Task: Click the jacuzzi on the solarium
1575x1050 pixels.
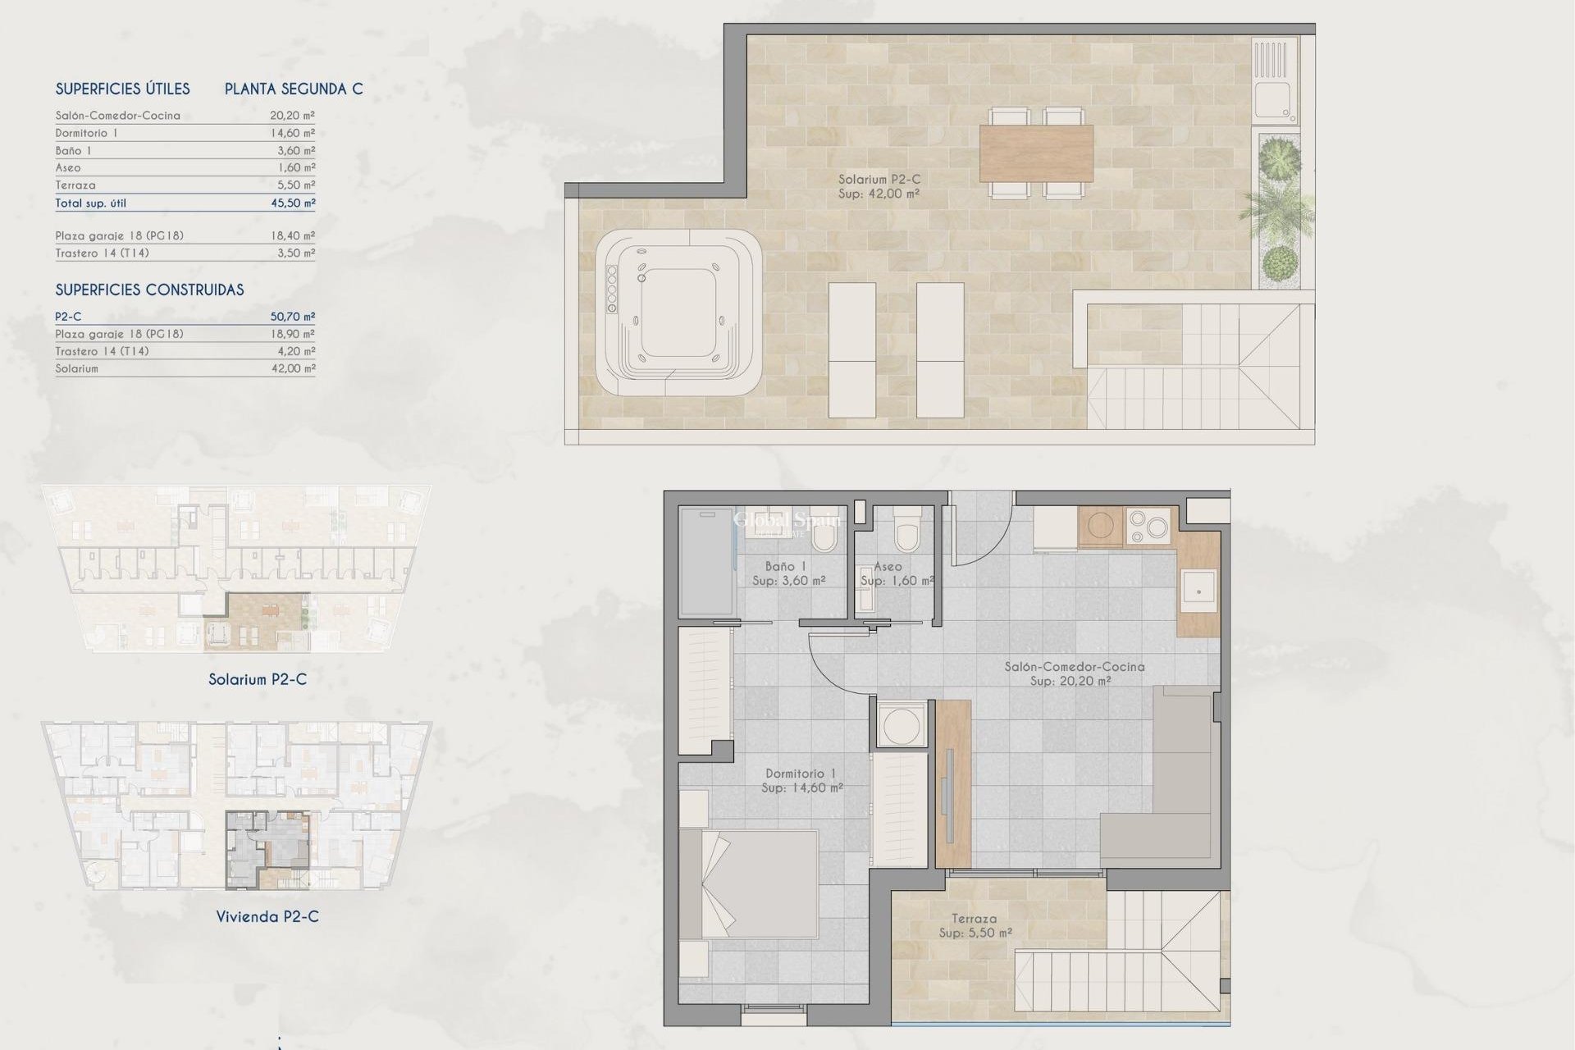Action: click(x=678, y=312)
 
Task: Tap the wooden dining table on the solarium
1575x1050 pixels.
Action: click(x=1036, y=153)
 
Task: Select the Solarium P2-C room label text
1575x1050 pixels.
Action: click(x=879, y=180)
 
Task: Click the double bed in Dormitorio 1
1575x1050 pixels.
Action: click(x=748, y=884)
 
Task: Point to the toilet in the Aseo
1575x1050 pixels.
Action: click(x=906, y=533)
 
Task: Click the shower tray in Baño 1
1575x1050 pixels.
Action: click(x=705, y=561)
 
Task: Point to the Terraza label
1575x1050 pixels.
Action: click(x=975, y=919)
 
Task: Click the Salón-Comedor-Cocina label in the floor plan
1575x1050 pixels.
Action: click(x=1074, y=667)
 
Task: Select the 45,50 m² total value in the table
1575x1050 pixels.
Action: click(x=293, y=203)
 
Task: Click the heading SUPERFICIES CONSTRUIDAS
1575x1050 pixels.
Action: click(x=149, y=290)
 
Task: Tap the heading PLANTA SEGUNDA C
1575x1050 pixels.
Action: click(x=294, y=89)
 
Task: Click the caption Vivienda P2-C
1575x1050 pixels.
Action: click(x=267, y=916)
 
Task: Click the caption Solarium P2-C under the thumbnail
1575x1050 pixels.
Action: click(x=258, y=679)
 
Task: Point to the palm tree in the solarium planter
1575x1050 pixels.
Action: click(x=1276, y=205)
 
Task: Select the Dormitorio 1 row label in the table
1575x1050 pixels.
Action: click(x=86, y=133)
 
